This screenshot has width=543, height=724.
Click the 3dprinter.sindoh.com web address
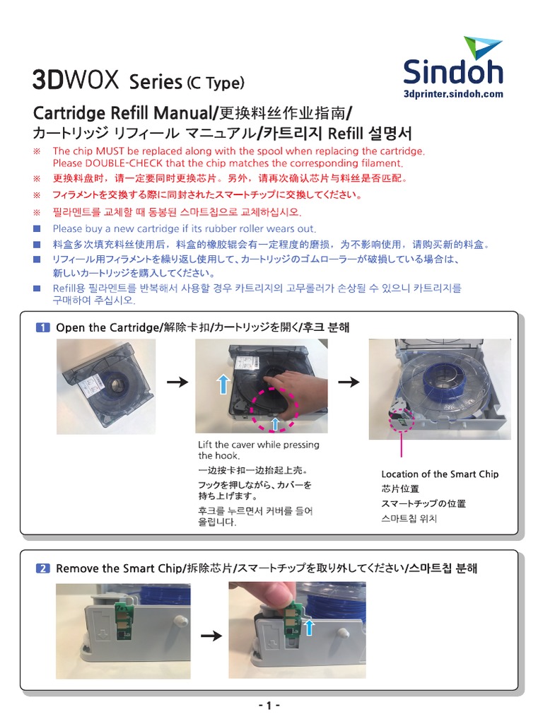click(452, 93)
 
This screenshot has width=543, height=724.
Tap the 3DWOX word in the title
click(76, 80)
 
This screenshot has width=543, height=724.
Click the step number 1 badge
click(42, 327)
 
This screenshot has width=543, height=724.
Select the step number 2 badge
click(42, 568)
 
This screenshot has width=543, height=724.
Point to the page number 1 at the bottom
click(270, 706)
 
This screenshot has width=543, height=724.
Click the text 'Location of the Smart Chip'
click(440, 474)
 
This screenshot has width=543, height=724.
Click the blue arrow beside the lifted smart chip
click(308, 627)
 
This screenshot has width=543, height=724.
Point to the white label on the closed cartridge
click(90, 386)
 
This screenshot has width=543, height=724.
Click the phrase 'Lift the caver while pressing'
click(259, 445)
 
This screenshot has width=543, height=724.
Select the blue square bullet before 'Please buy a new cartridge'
click(37, 228)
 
